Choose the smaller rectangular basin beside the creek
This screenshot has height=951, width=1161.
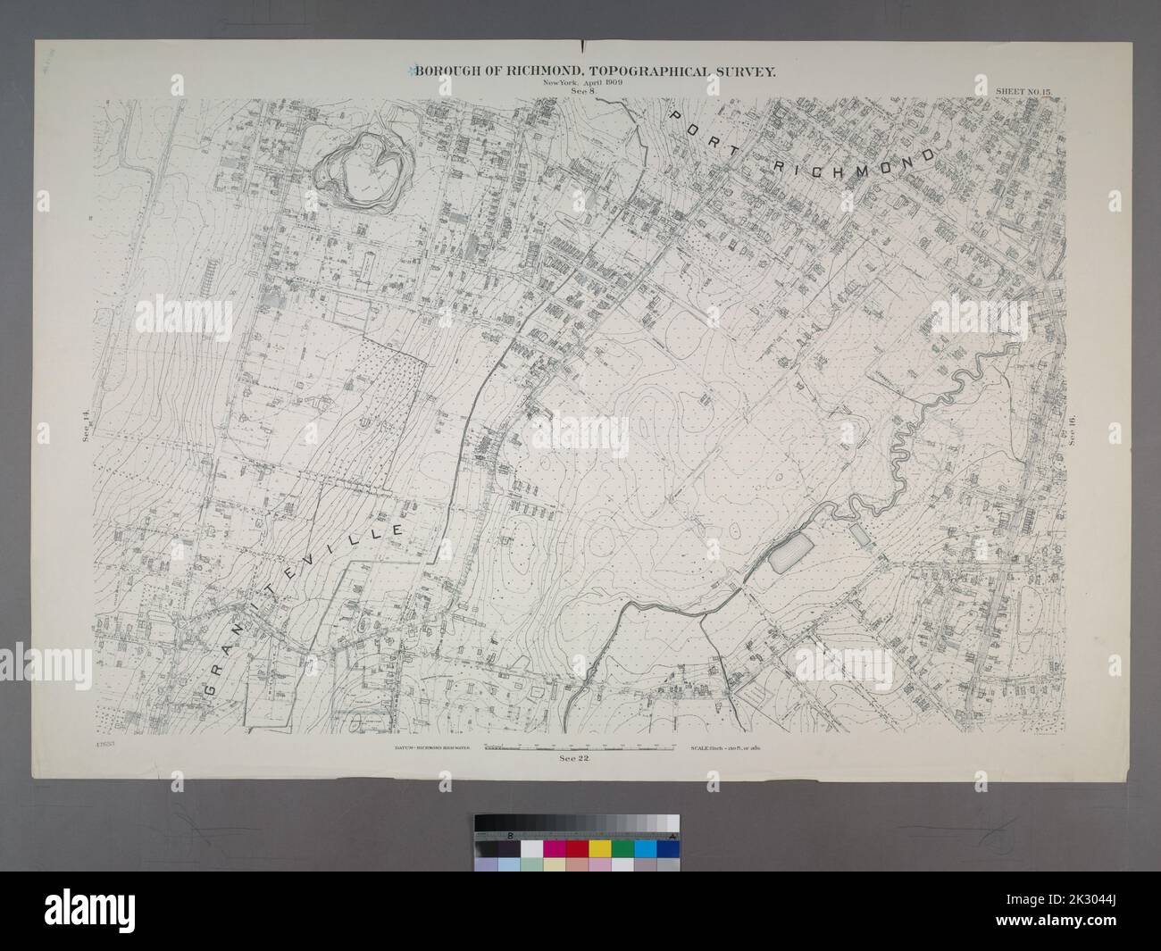coord(860,536)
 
